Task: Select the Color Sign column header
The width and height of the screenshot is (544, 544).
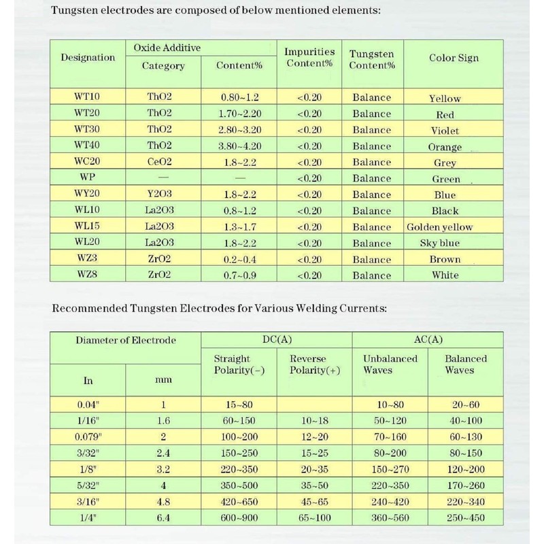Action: [454, 58]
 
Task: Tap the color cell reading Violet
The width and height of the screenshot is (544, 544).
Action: [445, 131]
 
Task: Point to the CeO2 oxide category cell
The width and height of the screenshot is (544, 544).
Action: [159, 163]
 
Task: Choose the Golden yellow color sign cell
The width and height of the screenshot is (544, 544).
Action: [439, 226]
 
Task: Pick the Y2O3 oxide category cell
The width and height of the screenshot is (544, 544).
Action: [159, 194]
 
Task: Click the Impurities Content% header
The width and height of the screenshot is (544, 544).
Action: [309, 57]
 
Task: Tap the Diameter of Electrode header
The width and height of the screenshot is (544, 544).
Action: [127, 341]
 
